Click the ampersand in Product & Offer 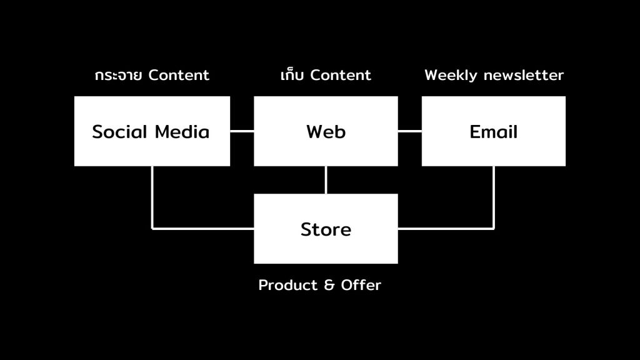(330, 286)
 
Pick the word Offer (361, 286)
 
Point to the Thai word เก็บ (292, 76)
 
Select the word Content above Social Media (179, 76)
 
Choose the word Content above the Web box (341, 76)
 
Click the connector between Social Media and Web (242, 131)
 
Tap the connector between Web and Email (409, 131)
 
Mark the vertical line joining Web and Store (326, 180)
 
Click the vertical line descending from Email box (494, 197)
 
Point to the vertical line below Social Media (152, 197)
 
